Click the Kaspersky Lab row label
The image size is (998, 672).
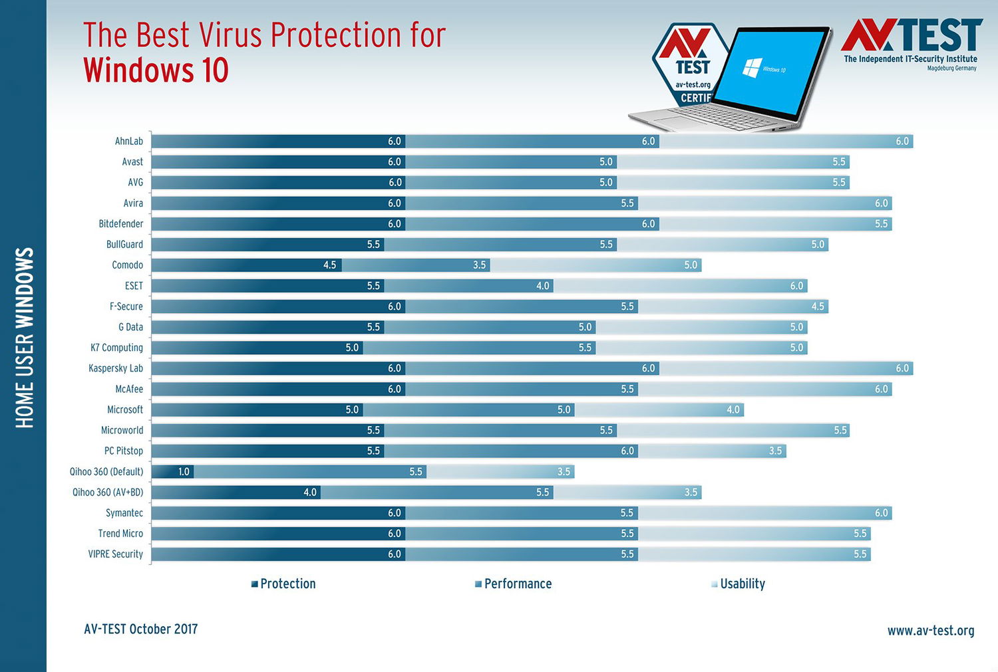click(x=116, y=368)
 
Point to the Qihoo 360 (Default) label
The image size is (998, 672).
click(x=106, y=471)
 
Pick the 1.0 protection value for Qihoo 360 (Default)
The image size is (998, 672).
click(x=184, y=471)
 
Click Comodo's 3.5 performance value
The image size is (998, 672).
click(x=479, y=265)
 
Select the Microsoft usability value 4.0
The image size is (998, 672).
click(x=733, y=409)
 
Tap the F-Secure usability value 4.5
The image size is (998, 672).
click(x=817, y=306)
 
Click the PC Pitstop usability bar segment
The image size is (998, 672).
click(x=712, y=451)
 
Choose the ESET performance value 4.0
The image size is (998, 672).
click(x=542, y=286)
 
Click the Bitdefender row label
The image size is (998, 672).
click(x=121, y=224)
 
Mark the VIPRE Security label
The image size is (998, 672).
click(x=116, y=554)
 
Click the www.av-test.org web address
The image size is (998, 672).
click(x=930, y=630)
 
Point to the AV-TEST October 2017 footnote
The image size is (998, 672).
click(x=141, y=629)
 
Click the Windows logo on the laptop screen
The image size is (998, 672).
click(x=752, y=68)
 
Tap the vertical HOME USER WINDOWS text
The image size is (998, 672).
click(x=24, y=338)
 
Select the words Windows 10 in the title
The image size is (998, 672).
click(x=156, y=70)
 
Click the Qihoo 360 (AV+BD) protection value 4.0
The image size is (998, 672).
click(x=309, y=492)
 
